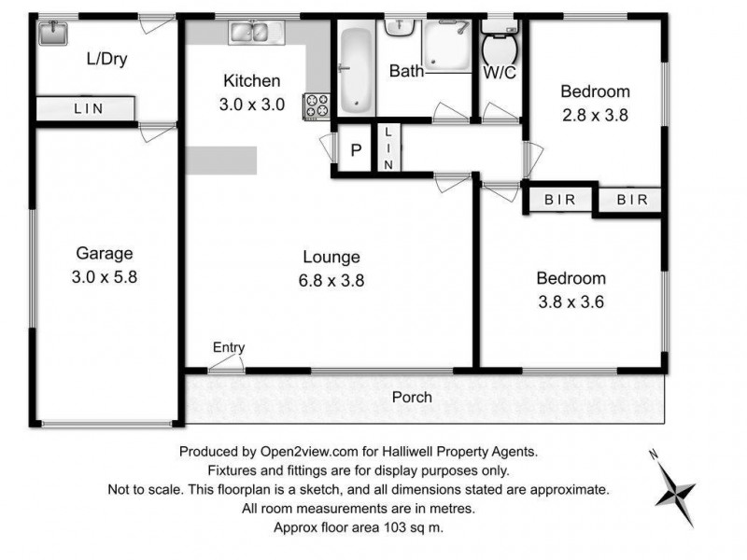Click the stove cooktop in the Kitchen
tap(317, 105)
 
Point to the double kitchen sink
tap(250, 33)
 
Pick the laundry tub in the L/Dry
tap(50, 34)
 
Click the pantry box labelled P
tap(355, 150)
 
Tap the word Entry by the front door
tap(229, 348)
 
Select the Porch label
tap(412, 397)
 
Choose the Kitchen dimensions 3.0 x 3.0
tap(251, 105)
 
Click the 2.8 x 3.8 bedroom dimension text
tap(595, 117)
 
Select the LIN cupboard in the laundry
tap(89, 108)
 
